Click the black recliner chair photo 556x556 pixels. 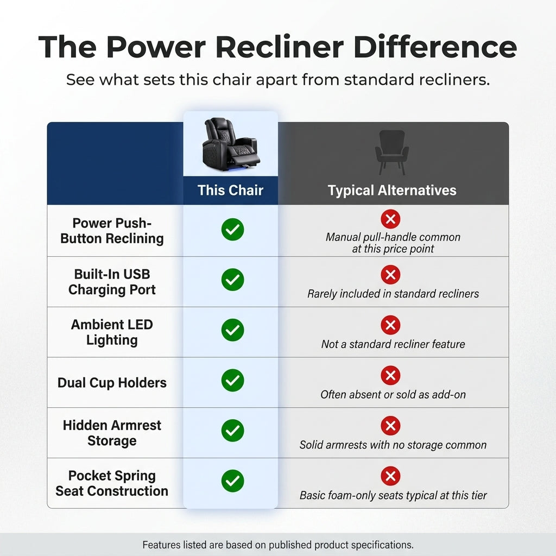point(230,145)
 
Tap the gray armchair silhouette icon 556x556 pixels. point(392,153)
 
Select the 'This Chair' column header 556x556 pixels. point(230,191)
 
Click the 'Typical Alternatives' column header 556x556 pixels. point(392,191)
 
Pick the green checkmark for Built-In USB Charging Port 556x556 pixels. point(232,280)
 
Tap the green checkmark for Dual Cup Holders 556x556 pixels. point(232,380)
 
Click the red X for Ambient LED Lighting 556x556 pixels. point(390,325)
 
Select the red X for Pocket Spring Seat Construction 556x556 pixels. point(390,476)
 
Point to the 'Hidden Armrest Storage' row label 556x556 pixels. point(112,433)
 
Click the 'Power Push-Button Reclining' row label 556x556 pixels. point(112,231)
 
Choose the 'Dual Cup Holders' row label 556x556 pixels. point(112,383)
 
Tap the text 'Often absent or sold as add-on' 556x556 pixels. point(393,395)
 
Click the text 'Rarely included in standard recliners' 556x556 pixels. point(393,294)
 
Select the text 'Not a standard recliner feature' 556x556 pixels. point(393,344)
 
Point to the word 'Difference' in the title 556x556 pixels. point(435,47)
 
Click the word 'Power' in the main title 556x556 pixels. point(156,47)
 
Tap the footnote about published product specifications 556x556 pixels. point(278,545)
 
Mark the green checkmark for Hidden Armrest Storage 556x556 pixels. point(232,431)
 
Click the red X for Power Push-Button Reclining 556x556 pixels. point(390,219)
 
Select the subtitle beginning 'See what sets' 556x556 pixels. point(278,80)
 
